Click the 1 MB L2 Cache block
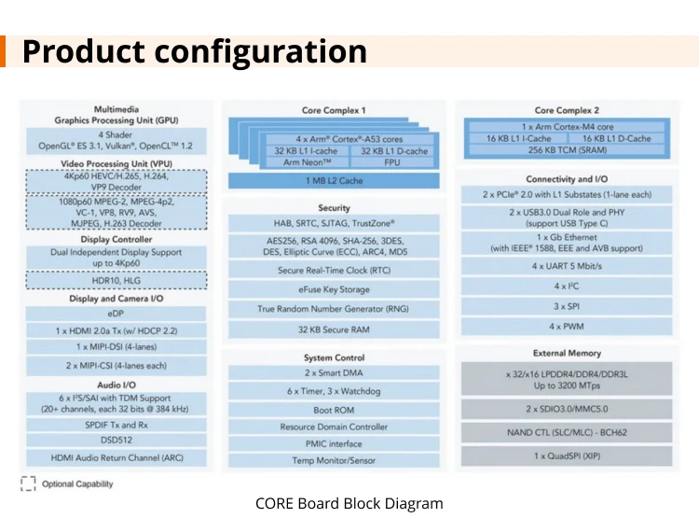click(334, 180)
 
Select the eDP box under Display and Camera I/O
click(116, 315)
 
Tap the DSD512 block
click(116, 441)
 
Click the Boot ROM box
click(334, 409)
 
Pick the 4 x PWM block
click(567, 327)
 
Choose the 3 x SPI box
click(567, 306)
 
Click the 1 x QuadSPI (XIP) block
click(567, 455)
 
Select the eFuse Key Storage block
click(334, 289)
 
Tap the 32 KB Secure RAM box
click(334, 329)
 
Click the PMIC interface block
click(334, 443)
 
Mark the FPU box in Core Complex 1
click(391, 162)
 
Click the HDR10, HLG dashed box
click(116, 279)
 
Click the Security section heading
click(334, 207)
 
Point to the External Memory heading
click(567, 354)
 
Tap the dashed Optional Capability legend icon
click(28, 483)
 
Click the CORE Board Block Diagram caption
click(349, 504)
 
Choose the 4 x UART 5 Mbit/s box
click(567, 265)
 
